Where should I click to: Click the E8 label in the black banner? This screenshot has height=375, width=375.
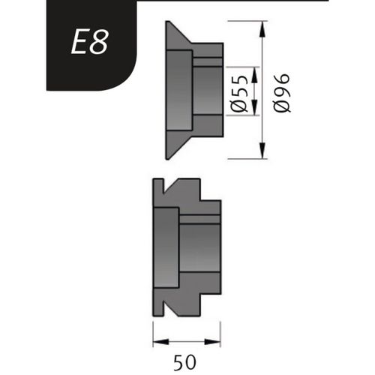point(89,43)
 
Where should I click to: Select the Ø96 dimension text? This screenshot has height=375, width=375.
point(283,94)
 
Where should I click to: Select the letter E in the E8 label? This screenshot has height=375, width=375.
point(79,43)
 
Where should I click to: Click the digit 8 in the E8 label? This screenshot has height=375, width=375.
point(99,43)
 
